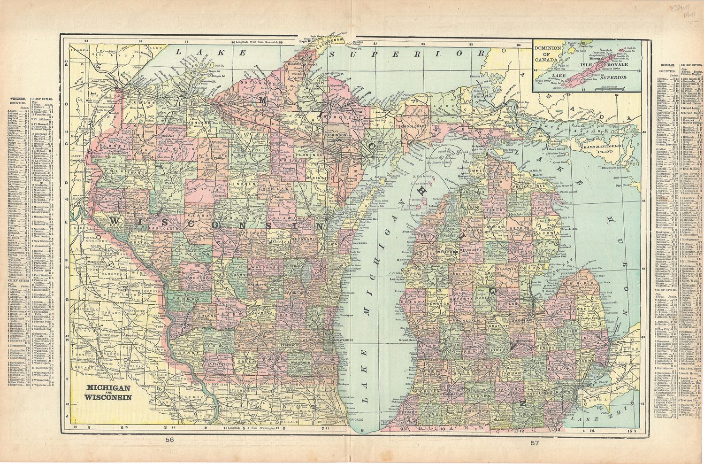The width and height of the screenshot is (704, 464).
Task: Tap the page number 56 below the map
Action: click(169, 440)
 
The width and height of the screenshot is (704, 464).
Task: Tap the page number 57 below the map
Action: click(534, 442)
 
